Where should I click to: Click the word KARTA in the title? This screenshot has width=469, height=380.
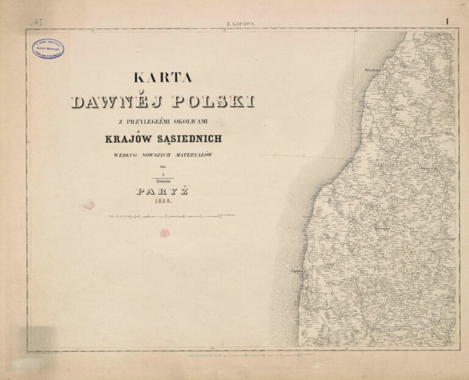click(162, 77)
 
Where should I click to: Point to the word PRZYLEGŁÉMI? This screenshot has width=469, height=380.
click(150, 121)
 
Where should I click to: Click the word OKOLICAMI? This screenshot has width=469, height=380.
click(196, 121)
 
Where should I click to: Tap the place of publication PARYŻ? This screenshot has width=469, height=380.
click(162, 191)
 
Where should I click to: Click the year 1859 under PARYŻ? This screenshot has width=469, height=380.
click(162, 200)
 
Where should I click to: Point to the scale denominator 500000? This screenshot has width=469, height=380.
click(162, 181)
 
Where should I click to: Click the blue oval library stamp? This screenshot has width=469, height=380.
click(48, 48)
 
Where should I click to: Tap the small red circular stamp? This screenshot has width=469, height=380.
click(164, 233)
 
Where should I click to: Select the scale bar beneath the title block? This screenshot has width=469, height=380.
click(171, 216)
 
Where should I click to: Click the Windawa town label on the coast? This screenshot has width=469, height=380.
click(372, 70)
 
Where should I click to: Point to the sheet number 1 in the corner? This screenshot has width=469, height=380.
click(447, 21)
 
